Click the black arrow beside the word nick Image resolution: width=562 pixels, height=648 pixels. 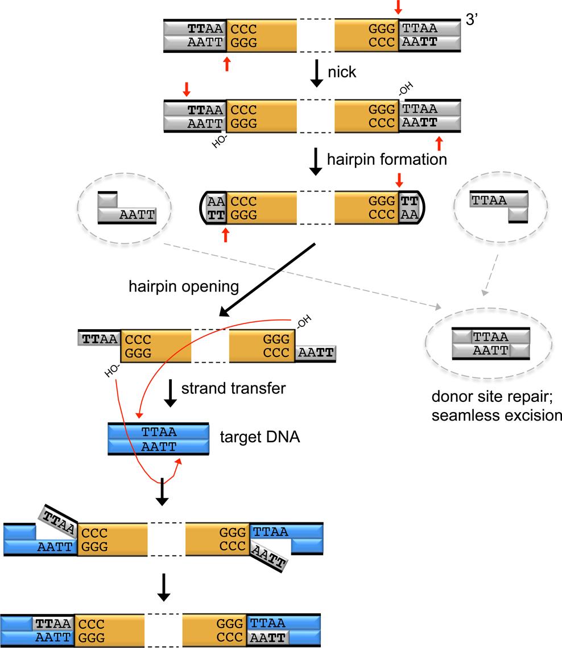pos(317,74)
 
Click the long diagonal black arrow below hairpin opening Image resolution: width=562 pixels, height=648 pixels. pos(267,280)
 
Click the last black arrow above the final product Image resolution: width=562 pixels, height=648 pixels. pos(163,587)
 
